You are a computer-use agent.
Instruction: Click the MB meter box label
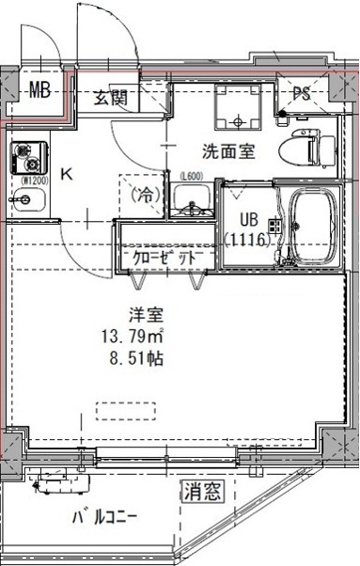coord(39,91)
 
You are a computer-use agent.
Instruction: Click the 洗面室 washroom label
coord(228,151)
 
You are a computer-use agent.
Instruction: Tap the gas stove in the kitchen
coord(23,153)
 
